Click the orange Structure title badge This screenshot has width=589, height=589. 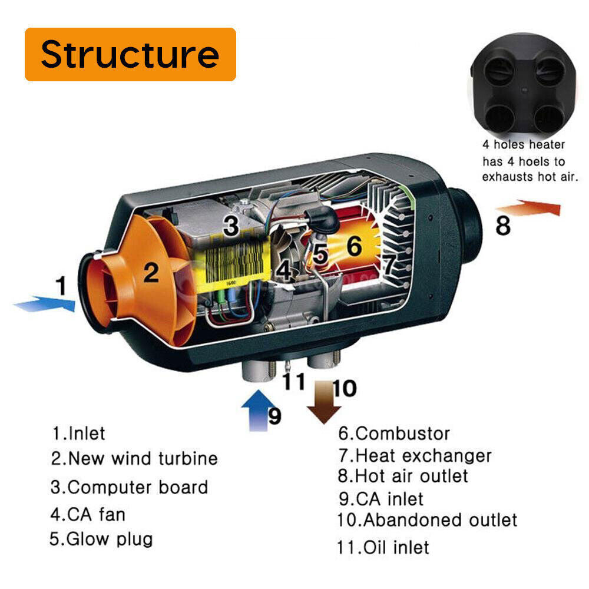click(x=130, y=54)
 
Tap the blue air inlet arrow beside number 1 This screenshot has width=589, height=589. click(x=45, y=305)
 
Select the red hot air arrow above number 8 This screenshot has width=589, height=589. click(x=528, y=209)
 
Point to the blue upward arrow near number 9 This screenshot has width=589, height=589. click(x=254, y=410)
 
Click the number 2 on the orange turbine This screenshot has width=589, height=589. click(x=151, y=272)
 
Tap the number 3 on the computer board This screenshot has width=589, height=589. click(x=231, y=225)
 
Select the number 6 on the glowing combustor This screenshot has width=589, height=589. click(x=354, y=247)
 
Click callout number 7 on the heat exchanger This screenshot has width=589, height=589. click(x=389, y=266)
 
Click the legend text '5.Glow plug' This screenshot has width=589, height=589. click(x=101, y=538)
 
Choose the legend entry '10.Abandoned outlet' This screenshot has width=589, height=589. click(x=427, y=520)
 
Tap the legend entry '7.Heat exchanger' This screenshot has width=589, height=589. click(x=415, y=455)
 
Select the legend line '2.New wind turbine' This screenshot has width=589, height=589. click(x=134, y=458)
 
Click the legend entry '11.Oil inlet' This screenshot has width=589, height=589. click(x=383, y=547)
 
